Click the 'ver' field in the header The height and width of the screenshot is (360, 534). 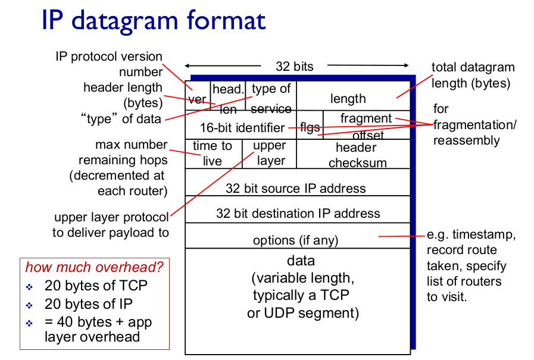198,96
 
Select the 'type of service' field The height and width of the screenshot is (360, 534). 271,96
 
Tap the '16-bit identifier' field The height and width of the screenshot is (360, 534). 241,125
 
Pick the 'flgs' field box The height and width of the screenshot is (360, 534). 310,125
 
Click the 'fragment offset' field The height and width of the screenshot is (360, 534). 367,125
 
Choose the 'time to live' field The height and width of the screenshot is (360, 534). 214,154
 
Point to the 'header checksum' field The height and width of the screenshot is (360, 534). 354,154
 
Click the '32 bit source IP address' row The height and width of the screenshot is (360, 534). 298,182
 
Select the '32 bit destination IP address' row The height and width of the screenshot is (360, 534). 298,209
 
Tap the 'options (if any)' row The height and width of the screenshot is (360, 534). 298,236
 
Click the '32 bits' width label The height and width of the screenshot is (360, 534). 295,67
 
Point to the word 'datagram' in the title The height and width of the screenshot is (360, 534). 124,21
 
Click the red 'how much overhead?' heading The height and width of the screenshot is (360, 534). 94,267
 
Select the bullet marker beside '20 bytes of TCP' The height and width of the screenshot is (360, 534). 29,287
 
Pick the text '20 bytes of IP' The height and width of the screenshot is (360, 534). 89,304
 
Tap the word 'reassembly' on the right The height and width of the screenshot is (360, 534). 467,140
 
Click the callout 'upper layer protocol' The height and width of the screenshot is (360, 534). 111,217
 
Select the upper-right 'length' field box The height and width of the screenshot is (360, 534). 354,96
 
